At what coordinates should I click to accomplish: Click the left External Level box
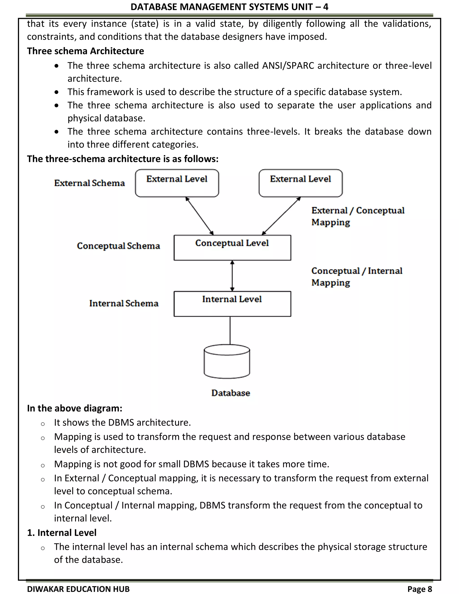coord(177,183)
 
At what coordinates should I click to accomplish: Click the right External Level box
coord(301,183)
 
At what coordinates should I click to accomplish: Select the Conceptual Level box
coord(232,248)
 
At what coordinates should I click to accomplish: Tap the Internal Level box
coord(232,304)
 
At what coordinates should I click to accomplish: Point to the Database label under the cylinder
coord(231,393)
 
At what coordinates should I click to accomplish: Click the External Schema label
coord(89,183)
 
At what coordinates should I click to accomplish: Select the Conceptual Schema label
coord(118,246)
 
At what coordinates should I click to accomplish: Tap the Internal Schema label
coord(124,303)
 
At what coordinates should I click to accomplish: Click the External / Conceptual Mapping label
coord(357,216)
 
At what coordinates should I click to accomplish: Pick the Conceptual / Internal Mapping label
coord(357,277)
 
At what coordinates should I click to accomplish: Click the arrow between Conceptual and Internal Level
coord(232,276)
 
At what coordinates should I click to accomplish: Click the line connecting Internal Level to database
coord(230,330)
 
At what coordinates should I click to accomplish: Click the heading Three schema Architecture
coord(85,51)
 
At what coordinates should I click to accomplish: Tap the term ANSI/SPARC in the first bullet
coord(288,65)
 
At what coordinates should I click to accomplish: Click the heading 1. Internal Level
coord(62,533)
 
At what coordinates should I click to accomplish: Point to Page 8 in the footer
coord(420,589)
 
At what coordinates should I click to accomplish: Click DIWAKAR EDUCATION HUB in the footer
coord(78,589)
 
